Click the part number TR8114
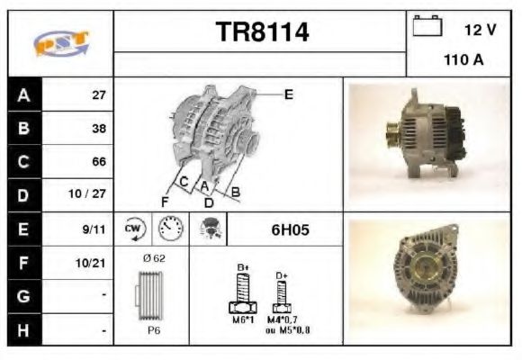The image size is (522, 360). point(262,33)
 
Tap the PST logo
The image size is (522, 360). point(60,42)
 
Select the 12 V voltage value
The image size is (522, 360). point(480,30)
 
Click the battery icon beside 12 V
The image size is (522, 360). point(426,28)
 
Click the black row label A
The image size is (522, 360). point(23,94)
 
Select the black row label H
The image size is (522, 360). point(23,330)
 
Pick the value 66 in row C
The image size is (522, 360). point(99,162)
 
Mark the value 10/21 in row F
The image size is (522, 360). point(93,263)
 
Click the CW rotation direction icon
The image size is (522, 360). point(133,229)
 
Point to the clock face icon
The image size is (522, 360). point(168,229)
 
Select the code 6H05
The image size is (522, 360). point(291,230)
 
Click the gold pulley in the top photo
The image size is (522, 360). point(393,134)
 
